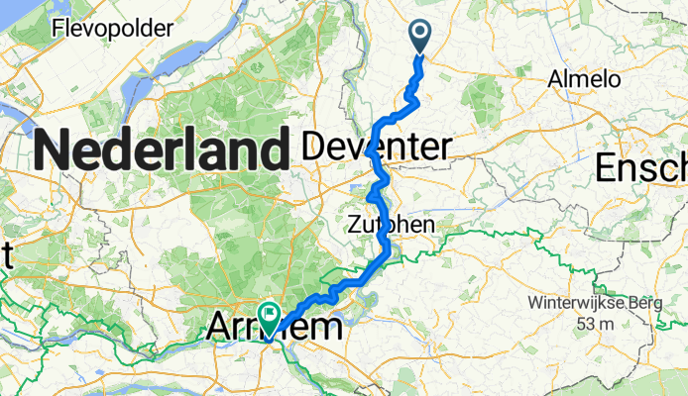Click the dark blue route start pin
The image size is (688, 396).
[x=420, y=38]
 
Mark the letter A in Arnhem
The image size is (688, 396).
[x=223, y=327]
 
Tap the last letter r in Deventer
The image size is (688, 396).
[x=446, y=148]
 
